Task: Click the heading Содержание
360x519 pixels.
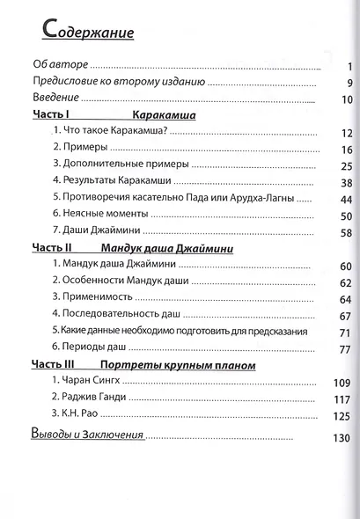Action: pos(87,34)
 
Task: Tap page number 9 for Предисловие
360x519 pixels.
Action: pos(349,84)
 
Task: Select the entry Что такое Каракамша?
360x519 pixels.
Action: pos(110,133)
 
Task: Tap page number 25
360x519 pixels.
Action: pos(345,165)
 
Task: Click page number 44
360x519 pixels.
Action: pos(345,199)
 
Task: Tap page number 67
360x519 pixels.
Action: pos(345,316)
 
